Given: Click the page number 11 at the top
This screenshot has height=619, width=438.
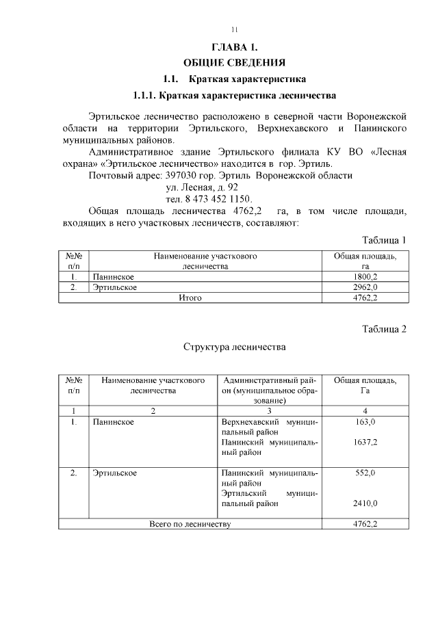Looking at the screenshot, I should [x=234, y=29].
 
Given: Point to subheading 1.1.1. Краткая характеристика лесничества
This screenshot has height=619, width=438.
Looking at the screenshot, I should [x=234, y=94].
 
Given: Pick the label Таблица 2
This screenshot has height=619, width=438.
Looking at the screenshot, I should [x=383, y=329].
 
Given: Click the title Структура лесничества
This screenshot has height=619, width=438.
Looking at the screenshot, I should [x=234, y=347].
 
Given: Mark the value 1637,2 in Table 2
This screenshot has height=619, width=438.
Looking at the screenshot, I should [x=365, y=443].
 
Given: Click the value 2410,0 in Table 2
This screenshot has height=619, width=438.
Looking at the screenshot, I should [x=365, y=503].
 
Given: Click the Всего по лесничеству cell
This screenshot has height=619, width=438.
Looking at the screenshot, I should [x=190, y=524].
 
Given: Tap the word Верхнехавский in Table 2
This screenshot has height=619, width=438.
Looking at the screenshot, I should [x=250, y=423].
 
